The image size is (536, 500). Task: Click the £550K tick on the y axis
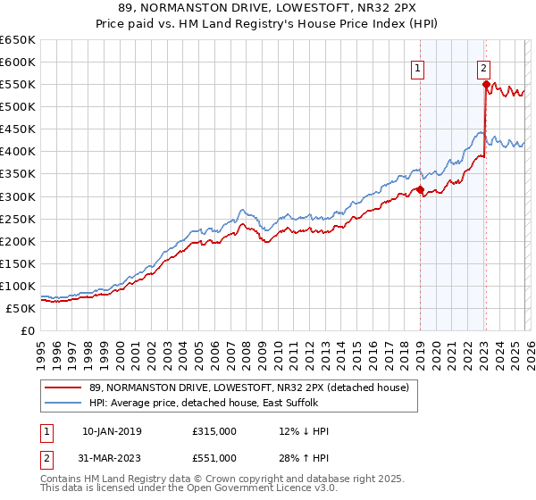tap(18, 85)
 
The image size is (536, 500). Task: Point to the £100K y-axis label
tap(18, 286)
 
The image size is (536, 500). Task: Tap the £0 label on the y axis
tap(27, 330)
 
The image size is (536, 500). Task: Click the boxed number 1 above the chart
tap(417, 66)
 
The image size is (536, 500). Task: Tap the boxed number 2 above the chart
tap(483, 66)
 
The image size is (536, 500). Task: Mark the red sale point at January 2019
tap(420, 189)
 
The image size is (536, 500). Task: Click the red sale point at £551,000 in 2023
tap(487, 85)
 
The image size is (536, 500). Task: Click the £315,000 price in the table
tap(214, 431)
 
